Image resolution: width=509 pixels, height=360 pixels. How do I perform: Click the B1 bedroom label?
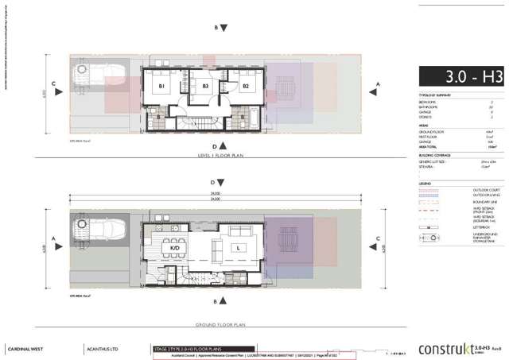pos(161,85)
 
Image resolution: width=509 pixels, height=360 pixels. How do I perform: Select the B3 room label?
pos(205,85)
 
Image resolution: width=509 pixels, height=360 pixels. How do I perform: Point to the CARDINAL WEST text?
pos(27,348)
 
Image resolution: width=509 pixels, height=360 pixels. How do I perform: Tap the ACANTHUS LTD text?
pos(100,348)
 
